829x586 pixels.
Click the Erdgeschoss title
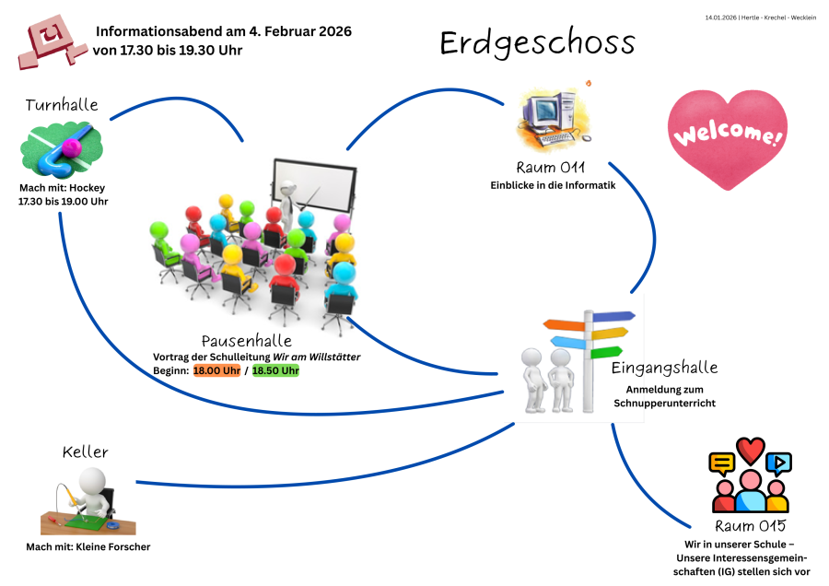[537, 43]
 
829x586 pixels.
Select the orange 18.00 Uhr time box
[216, 370]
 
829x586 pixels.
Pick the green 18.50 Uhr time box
[275, 370]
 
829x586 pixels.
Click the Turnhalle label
[62, 105]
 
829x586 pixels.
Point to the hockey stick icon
[60, 154]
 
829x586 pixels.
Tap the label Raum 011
[552, 168]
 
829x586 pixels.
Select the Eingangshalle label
[664, 368]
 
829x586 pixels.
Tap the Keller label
[86, 451]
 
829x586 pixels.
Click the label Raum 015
[751, 526]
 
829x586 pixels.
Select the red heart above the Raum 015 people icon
[751, 450]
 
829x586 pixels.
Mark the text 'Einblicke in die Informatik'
[553, 185]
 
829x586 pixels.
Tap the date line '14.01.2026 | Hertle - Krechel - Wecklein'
[760, 18]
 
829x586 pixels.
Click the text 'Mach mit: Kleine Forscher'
[88, 546]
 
